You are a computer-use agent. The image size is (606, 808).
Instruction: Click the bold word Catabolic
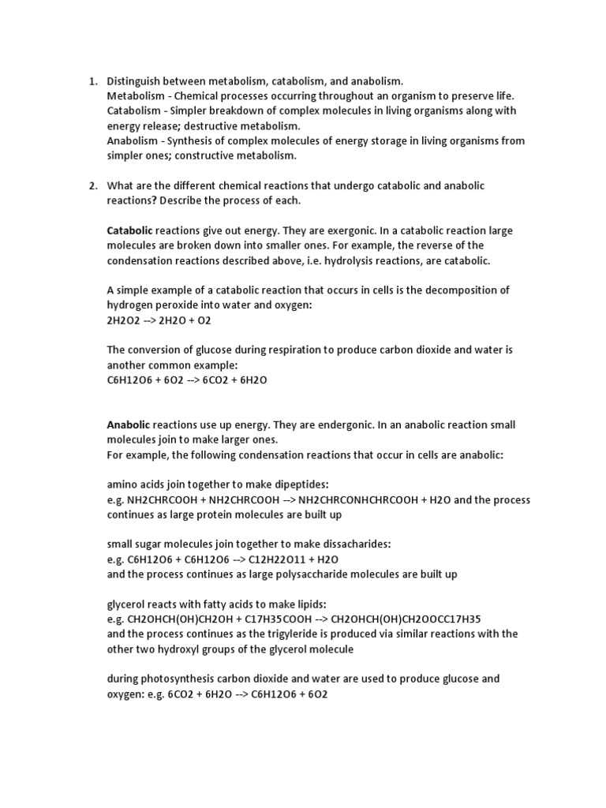pyautogui.click(x=130, y=230)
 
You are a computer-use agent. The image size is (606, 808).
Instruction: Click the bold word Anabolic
pyautogui.click(x=129, y=425)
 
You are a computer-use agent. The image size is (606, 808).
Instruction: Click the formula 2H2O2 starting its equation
pyautogui.click(x=122, y=320)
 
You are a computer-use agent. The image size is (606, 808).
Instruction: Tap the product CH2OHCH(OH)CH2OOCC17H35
pyautogui.click(x=417, y=619)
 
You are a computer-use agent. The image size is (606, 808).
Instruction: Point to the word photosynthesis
pyautogui.click(x=178, y=679)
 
